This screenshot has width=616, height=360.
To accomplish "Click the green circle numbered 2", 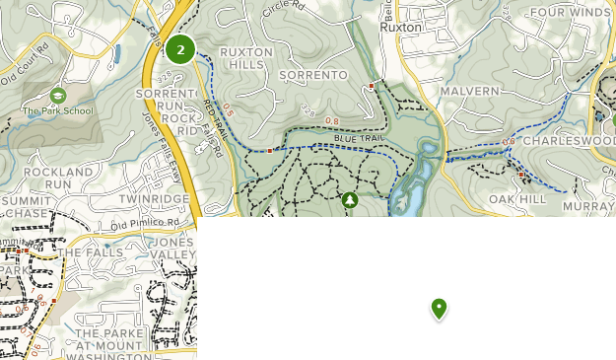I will [179, 49].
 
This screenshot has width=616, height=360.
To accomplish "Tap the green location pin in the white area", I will [440, 309].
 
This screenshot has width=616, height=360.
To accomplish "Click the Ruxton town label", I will [401, 28].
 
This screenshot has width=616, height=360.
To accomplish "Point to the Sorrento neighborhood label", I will [313, 75].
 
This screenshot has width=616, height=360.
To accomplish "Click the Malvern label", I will [470, 91].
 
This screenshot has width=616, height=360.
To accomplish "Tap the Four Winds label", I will [570, 13].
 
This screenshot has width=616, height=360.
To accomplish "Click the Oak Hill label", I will [517, 199].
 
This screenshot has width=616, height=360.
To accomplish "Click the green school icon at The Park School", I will [57, 96].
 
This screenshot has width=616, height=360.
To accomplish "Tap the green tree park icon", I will [350, 200].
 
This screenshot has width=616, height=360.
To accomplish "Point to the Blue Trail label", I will [357, 139].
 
